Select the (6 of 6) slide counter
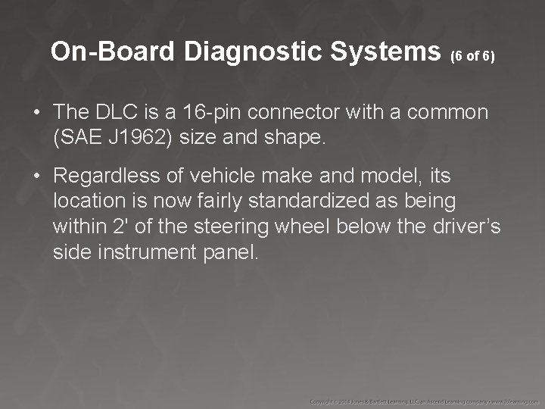pos(472,56)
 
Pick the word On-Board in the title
pos(113,52)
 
